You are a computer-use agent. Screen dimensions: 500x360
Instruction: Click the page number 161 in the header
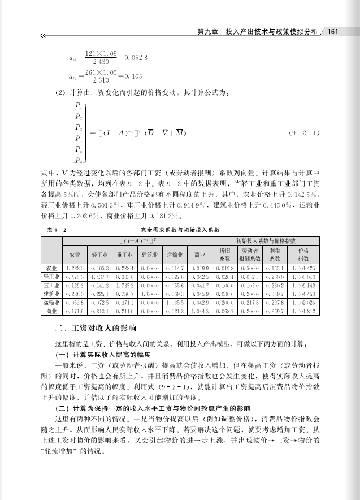click(333, 32)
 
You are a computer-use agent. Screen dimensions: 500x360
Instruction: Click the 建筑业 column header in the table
click(149, 255)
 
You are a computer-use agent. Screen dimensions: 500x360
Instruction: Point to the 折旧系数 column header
click(225, 254)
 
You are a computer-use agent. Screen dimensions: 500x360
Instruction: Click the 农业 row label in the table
click(51, 268)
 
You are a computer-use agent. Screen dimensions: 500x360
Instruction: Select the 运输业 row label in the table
click(51, 303)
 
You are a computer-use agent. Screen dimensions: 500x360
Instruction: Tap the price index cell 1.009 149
click(303, 286)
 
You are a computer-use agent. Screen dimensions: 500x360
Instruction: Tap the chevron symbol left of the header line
click(43, 36)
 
